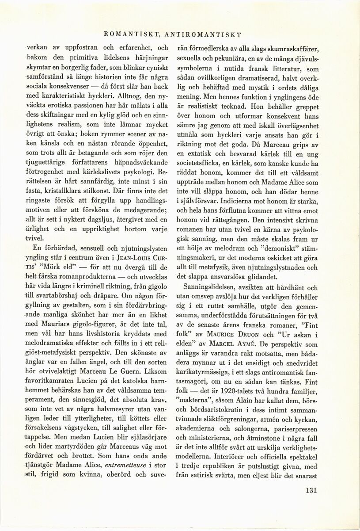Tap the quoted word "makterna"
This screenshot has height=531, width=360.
coord(193,405)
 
